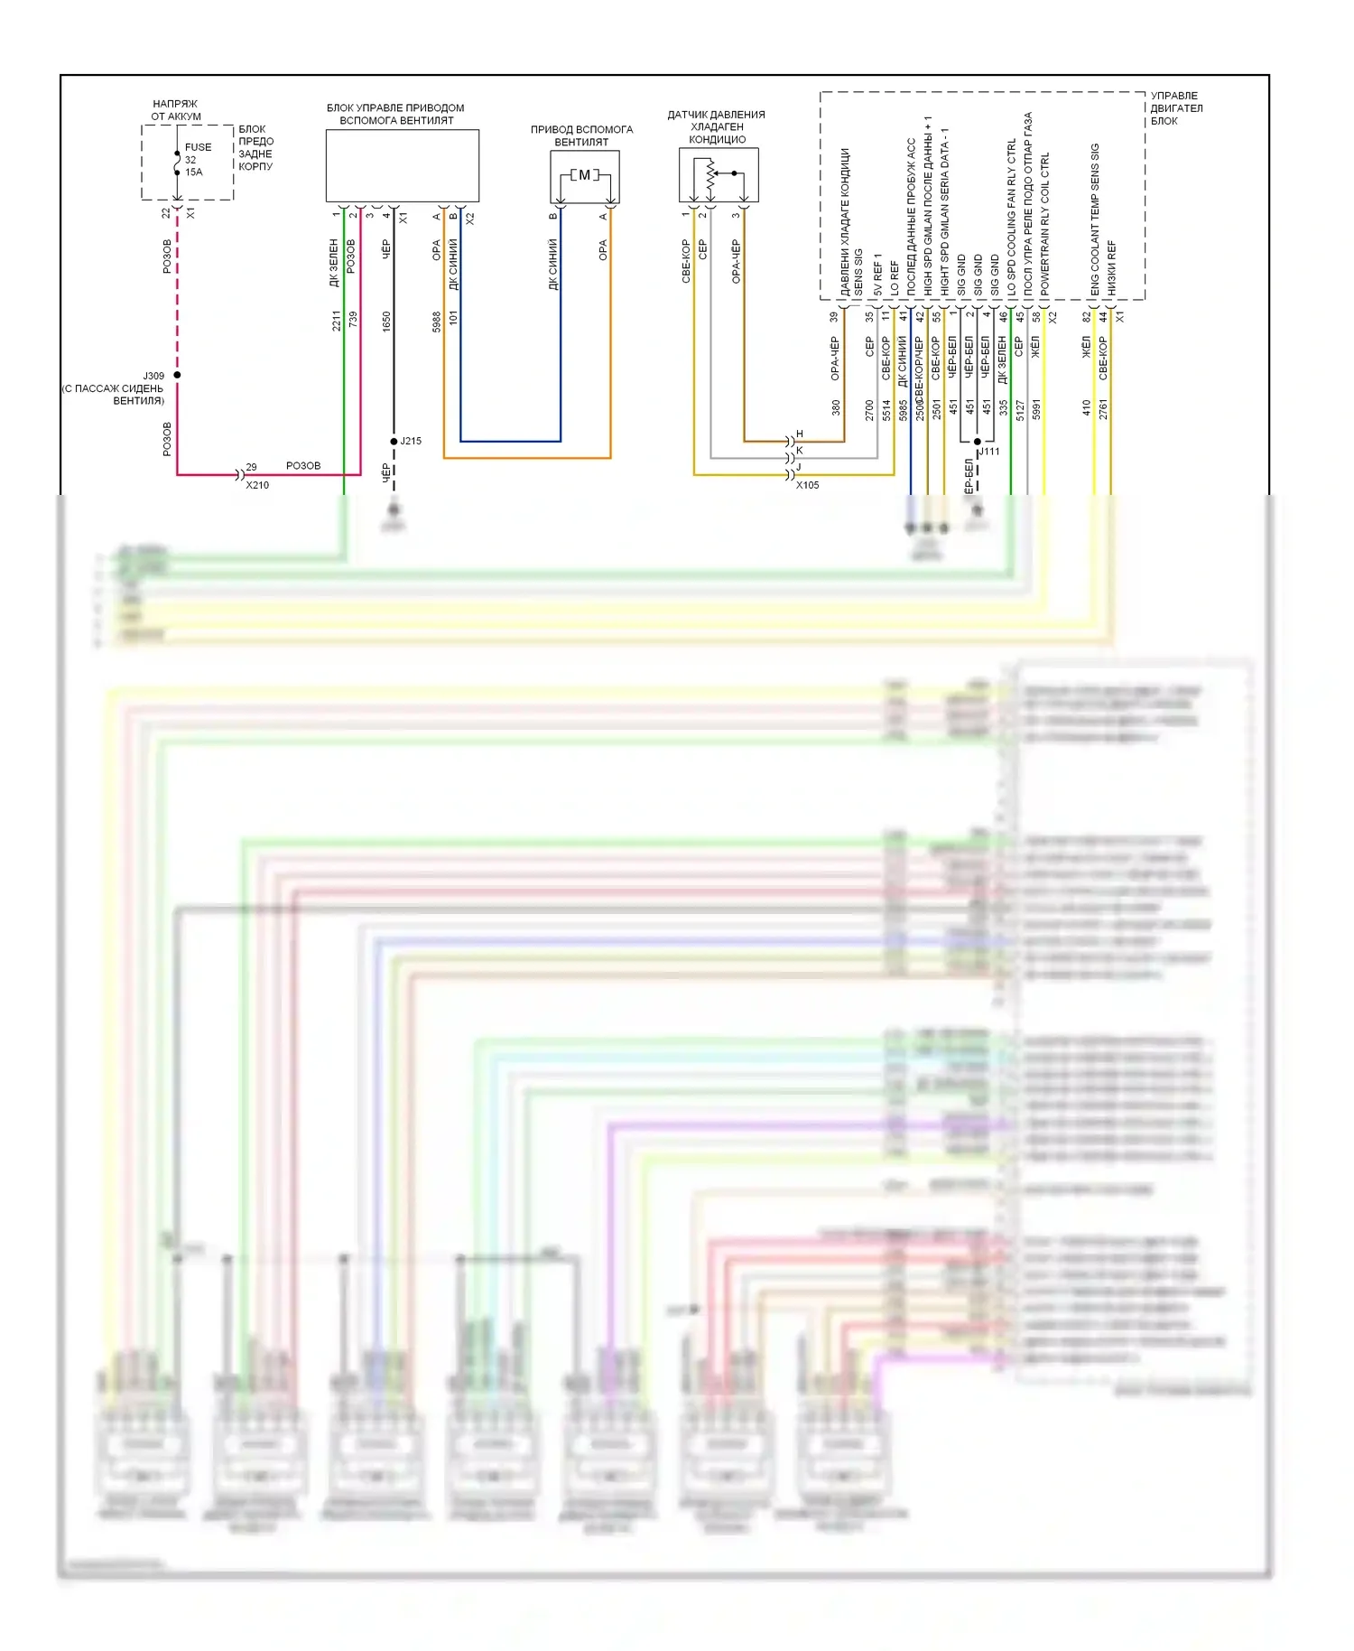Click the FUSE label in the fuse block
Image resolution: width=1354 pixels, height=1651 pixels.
coord(198,147)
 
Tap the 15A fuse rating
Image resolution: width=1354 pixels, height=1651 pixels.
coord(194,172)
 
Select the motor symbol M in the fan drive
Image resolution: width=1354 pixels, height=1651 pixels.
coord(584,174)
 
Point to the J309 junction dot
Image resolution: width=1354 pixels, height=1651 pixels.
coord(178,375)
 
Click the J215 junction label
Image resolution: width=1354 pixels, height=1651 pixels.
coord(411,441)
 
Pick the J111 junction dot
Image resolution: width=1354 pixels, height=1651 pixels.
coord(978,442)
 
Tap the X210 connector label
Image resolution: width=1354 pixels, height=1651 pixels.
coord(257,485)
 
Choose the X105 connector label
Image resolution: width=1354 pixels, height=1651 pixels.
coord(807,485)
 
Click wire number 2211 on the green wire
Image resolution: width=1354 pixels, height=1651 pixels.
coord(336,320)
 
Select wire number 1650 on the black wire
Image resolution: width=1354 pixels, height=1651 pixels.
coord(386,320)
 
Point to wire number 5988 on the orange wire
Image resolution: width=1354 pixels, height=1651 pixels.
coord(437,320)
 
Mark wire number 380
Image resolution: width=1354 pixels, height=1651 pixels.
coord(836,408)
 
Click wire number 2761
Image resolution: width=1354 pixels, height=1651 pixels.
coord(1103,408)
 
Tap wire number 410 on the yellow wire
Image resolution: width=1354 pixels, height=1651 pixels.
coord(1087,408)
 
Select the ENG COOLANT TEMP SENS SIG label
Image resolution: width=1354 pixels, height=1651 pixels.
coord(1095,219)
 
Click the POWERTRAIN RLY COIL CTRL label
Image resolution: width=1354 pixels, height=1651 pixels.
coord(1045,223)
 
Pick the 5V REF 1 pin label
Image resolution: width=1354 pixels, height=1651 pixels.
coord(877,275)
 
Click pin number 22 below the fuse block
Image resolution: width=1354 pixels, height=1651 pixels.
coord(165,213)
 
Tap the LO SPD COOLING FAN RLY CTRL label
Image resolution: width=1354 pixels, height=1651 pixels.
coord(1011,217)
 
